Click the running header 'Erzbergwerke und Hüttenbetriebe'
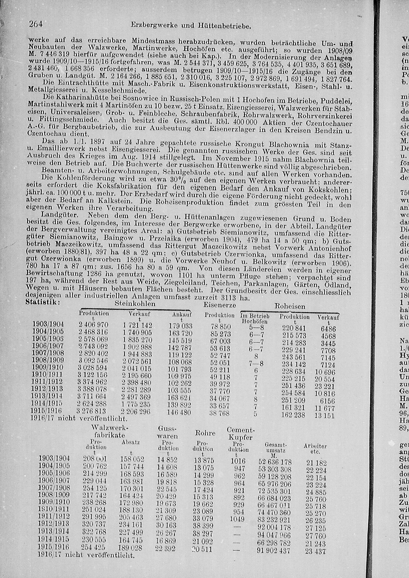coord(191,26)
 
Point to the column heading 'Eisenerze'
coord(219,305)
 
